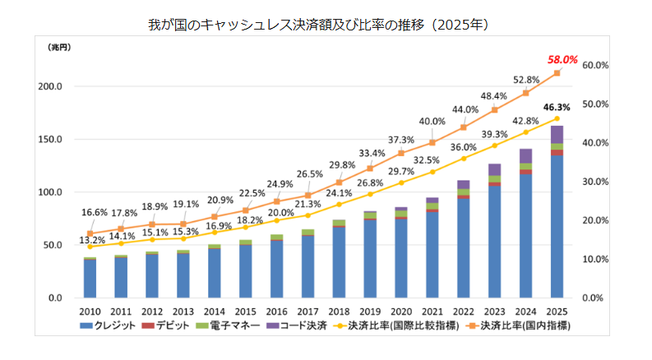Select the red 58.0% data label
563,59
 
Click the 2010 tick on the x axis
90,312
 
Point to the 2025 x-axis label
557,312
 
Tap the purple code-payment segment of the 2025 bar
557,135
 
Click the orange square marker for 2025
557,73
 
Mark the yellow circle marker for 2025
557,118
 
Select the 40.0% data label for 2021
432,122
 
